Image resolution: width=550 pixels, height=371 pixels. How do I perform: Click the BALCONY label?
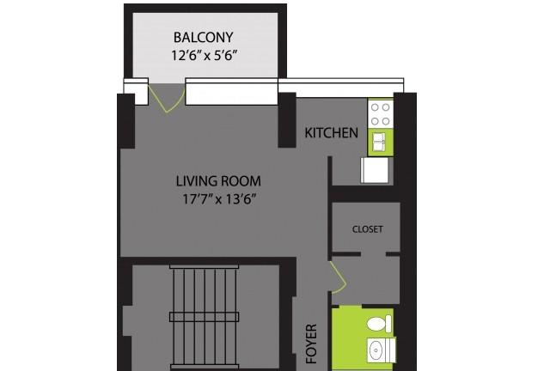[x=204, y=37]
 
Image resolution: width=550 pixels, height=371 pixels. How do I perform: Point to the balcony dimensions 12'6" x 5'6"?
[x=204, y=56]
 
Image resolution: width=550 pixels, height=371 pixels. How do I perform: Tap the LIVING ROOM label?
[x=218, y=181]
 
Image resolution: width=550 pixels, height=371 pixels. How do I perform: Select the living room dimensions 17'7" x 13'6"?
[x=218, y=199]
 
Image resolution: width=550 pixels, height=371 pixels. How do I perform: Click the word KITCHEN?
[x=332, y=133]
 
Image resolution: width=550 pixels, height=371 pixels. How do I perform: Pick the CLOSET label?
[x=367, y=229]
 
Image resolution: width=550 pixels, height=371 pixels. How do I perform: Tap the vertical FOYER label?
[x=311, y=344]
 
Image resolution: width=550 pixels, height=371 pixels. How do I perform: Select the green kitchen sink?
[x=380, y=143]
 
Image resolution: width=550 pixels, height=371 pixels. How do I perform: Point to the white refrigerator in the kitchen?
[x=375, y=170]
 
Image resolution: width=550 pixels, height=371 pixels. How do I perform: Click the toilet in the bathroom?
[x=379, y=324]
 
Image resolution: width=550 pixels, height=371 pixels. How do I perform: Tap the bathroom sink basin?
[x=376, y=350]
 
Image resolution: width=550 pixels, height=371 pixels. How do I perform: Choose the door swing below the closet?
[x=339, y=277]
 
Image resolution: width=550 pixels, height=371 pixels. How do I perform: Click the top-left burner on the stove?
[x=375, y=107]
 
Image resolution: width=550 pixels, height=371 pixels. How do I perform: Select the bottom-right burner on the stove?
[x=386, y=121]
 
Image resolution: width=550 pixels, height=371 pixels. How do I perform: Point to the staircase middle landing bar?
[x=205, y=317]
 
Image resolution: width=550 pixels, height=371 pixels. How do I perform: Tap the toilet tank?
[x=388, y=324]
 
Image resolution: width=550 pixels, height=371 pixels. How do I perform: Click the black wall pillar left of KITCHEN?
[x=287, y=120]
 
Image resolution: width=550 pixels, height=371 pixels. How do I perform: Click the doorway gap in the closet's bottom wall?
[x=373, y=254]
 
